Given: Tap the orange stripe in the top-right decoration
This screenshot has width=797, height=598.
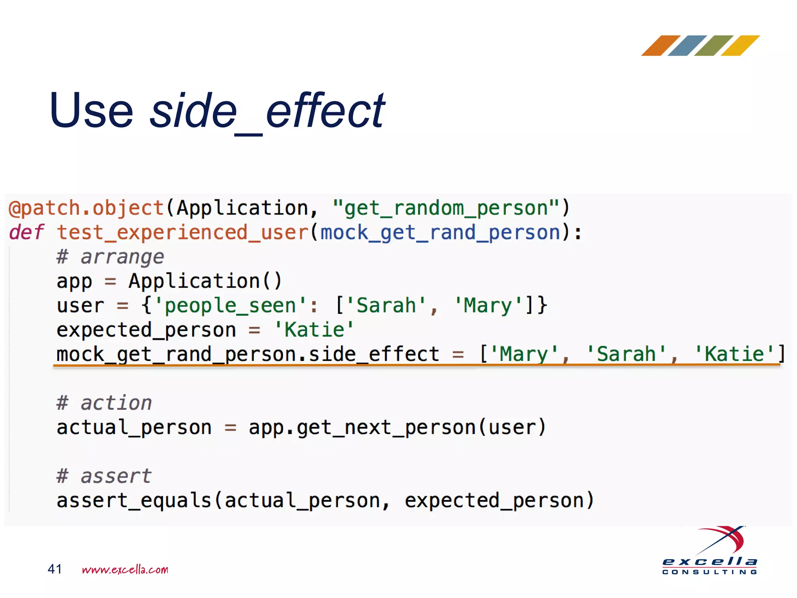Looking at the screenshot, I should point(660,46).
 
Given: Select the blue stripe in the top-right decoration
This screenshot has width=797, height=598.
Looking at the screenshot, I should point(687,46).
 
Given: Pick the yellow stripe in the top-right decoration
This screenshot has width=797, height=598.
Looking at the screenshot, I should point(740,46).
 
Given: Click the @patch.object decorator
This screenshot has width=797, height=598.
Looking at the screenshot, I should point(86,208).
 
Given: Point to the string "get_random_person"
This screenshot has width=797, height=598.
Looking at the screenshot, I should point(446,208).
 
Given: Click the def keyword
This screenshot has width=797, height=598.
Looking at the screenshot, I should point(26,232).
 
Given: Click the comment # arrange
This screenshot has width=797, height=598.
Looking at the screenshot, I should point(110,257).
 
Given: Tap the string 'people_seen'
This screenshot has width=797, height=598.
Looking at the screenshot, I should point(230,306).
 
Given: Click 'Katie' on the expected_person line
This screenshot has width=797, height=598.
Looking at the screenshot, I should point(314,330).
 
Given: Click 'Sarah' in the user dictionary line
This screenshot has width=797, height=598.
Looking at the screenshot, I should point(386,306).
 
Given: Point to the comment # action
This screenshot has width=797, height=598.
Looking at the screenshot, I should point(104,403).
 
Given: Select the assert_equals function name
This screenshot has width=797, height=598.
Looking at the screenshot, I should point(133,501).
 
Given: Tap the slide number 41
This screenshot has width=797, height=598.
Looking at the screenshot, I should point(54,569).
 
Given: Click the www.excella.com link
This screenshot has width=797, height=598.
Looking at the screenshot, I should point(125,570).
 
